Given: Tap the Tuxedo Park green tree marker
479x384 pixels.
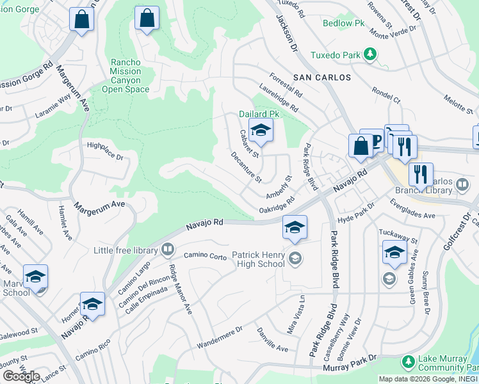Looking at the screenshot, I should pos(369,55).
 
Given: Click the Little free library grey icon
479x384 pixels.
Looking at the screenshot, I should pos(168,249).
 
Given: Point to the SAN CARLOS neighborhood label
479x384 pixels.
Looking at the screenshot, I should pos(322,77).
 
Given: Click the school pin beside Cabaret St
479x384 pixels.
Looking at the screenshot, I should pos(261,132).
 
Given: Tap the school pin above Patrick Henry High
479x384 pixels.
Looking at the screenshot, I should pos(295,228).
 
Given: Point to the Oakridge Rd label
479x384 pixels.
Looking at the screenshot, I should pos(277,205).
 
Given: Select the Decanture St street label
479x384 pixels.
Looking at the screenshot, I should pos(247,166).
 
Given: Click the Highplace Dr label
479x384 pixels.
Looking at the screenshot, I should pos(105,150).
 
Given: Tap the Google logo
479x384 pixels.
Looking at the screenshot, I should pos(20,376).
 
